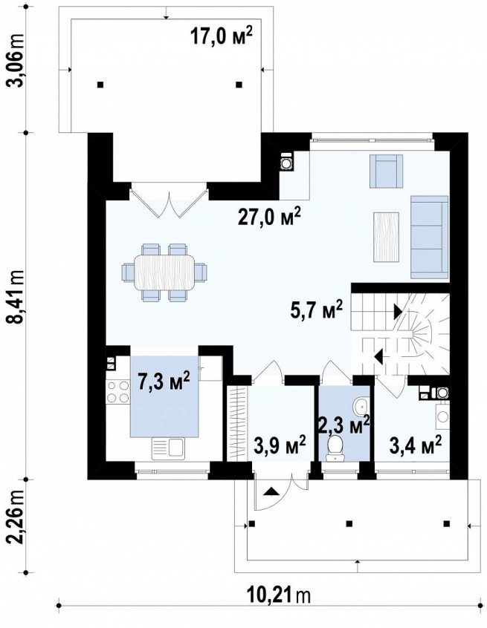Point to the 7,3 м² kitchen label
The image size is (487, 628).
pyautogui.click(x=164, y=382)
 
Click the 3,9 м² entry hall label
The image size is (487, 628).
pyautogui.click(x=280, y=444)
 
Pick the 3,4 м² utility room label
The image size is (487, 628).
pyautogui.click(x=416, y=444)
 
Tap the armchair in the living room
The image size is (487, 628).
pyautogui.click(x=385, y=171)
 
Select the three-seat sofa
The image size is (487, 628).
pyautogui.click(x=429, y=237)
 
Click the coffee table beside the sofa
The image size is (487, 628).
pyautogui.click(x=386, y=237)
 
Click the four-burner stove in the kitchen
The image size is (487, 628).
pyautogui.click(x=118, y=392)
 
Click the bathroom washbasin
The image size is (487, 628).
pyautogui.click(x=361, y=406)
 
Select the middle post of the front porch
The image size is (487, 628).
pyautogui.click(x=349, y=523)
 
